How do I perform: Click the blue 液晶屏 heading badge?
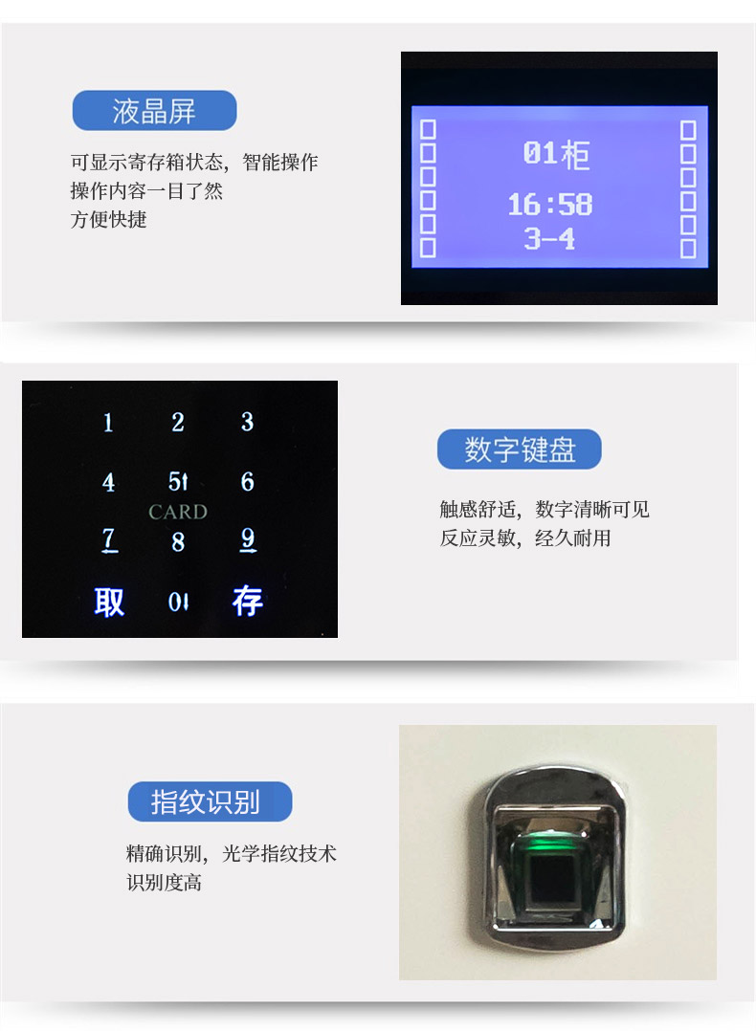[154, 111]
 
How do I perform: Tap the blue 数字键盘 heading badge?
[520, 450]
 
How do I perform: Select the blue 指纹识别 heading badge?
[210, 801]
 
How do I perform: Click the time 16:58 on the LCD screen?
[550, 205]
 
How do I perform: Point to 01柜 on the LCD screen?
[556, 154]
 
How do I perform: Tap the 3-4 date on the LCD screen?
[550, 239]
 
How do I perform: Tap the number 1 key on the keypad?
[108, 423]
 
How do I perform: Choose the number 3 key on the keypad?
[247, 422]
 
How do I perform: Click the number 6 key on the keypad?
[247, 482]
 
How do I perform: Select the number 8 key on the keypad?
[178, 542]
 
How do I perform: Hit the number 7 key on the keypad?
[109, 540]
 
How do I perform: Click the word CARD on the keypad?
[178, 512]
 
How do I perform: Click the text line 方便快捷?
[109, 219]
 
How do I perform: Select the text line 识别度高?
[165, 882]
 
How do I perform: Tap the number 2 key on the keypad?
[178, 423]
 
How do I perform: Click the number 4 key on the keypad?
[109, 482]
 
